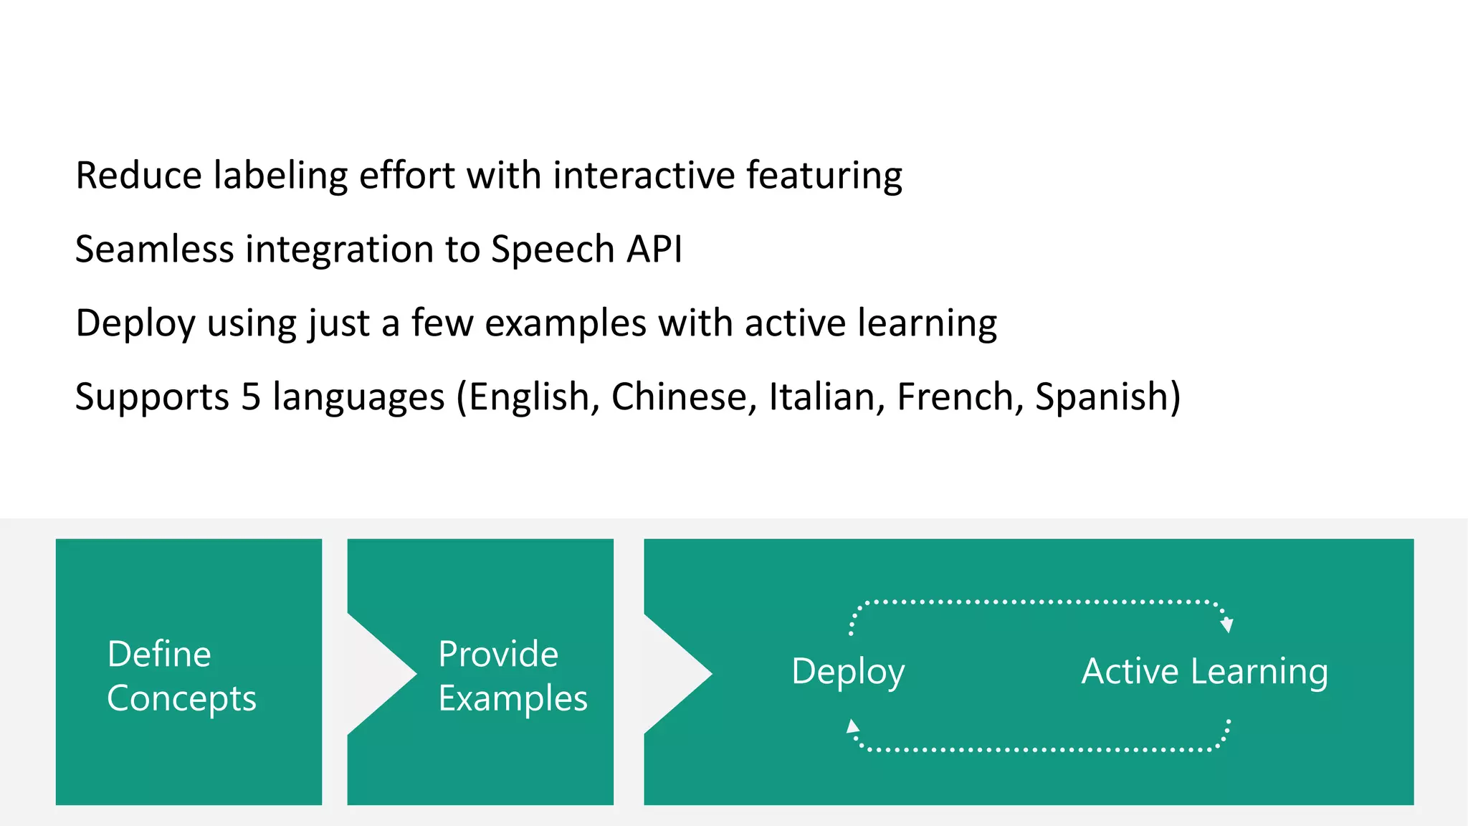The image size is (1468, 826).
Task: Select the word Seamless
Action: pyautogui.click(x=154, y=250)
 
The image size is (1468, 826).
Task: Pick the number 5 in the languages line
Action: pyautogui.click(x=251, y=397)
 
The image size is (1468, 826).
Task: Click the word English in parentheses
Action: pyautogui.click(x=529, y=397)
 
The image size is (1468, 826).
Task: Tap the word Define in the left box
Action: pyautogui.click(x=159, y=654)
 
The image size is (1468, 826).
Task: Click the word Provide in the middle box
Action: pyautogui.click(x=498, y=654)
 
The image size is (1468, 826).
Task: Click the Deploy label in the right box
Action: pyautogui.click(x=848, y=673)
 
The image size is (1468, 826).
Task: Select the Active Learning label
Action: pyautogui.click(x=1204, y=673)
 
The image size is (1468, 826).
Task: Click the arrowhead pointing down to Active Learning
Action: pyautogui.click(x=1227, y=625)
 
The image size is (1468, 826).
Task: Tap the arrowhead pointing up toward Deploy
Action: pyautogui.click(x=852, y=726)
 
